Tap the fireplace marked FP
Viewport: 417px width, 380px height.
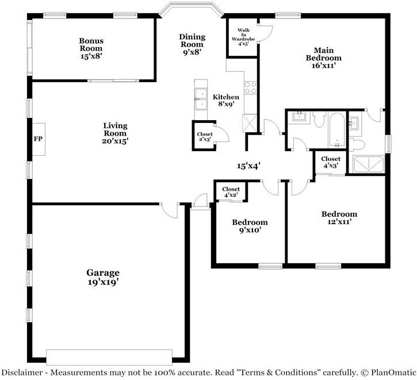39,139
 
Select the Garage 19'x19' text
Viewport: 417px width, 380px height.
103,277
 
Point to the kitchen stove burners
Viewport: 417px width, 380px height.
250,88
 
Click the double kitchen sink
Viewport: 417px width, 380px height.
201,99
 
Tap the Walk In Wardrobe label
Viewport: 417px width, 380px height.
243,37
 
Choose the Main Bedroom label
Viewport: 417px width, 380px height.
324,57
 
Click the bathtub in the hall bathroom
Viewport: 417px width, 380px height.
337,130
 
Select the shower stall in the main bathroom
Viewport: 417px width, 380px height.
369,164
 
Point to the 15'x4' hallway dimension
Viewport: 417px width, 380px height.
248,166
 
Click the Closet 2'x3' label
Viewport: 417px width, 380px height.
205,137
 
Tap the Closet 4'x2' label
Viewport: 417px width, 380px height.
231,191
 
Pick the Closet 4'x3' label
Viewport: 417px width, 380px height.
331,162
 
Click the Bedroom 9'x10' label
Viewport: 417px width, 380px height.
250,226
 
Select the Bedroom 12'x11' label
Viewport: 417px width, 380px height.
339,218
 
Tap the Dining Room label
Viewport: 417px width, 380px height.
192,44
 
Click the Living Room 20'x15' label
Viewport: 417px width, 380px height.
115,133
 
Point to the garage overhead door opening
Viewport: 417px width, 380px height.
109,357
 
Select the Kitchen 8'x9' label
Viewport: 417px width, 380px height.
226,101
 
